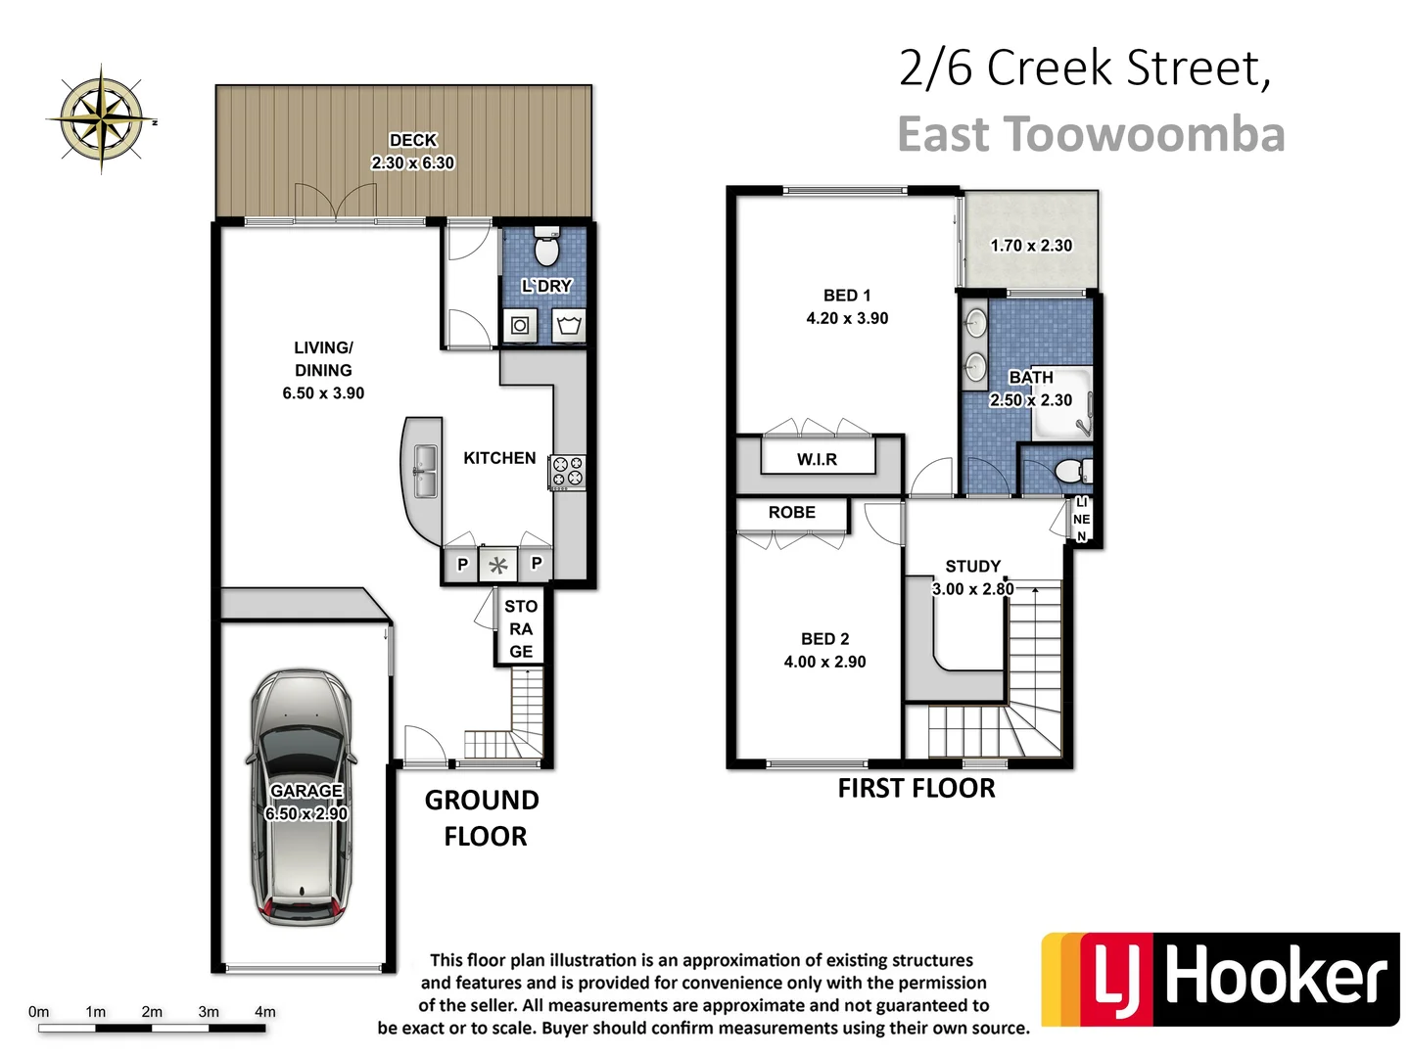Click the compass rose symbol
tap(101, 119)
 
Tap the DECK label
tap(412, 140)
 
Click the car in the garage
tap(302, 798)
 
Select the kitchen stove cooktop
tap(568, 472)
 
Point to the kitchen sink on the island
tap(425, 471)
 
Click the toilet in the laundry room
tap(545, 249)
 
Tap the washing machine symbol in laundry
tap(520, 325)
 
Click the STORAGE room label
tap(521, 629)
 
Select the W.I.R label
tap(817, 459)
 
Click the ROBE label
tap(791, 512)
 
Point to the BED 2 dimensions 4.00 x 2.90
tap(824, 662)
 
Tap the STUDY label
tap(972, 566)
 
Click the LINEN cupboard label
tap(1081, 519)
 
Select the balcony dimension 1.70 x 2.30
tap(1030, 246)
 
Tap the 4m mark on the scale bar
tap(264, 1012)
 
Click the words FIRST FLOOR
tap(916, 789)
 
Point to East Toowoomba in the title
tap(1090, 135)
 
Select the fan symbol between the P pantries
tap(498, 565)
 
